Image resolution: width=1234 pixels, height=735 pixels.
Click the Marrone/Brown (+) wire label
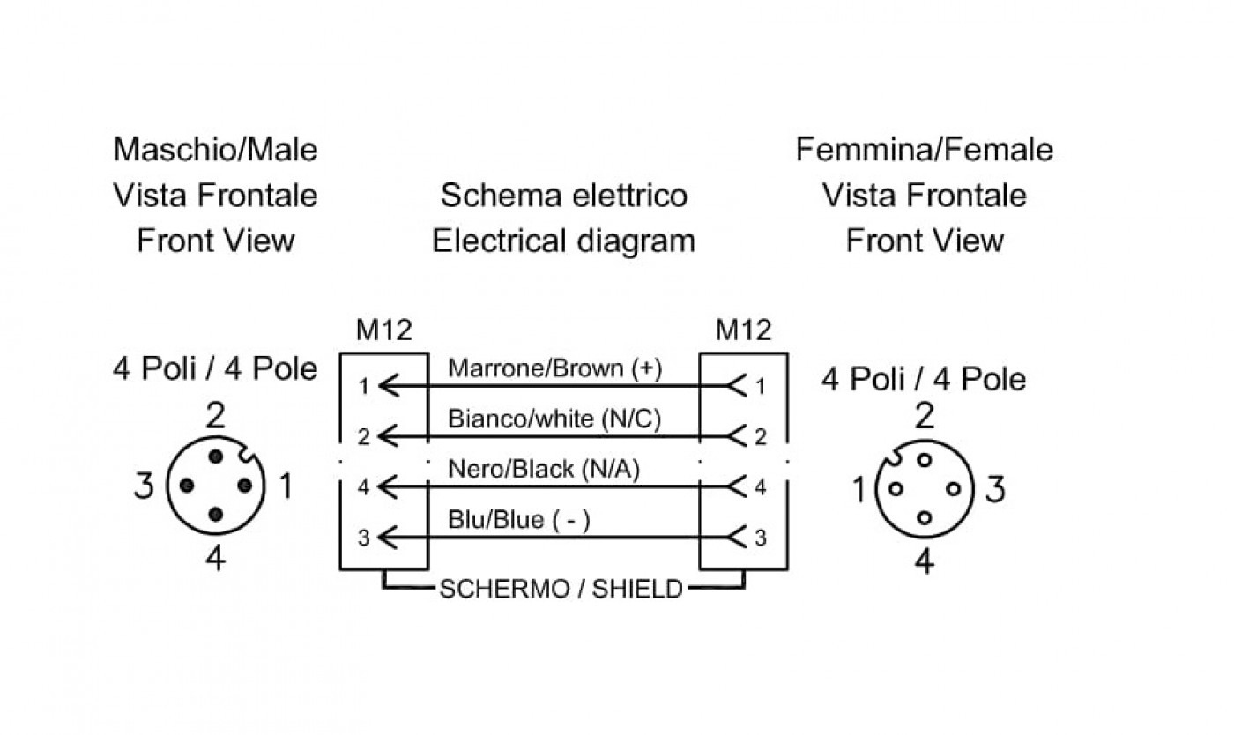[554, 368]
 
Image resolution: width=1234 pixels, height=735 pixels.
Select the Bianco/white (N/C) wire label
[554, 419]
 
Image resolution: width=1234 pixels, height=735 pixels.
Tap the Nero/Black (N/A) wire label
[544, 470]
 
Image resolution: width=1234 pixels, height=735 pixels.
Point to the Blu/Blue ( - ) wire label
[519, 520]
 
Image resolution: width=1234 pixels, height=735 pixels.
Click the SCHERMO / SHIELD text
[561, 589]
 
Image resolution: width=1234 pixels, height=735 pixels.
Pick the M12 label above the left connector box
[384, 330]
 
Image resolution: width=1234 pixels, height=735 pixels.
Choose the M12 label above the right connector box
[743, 330]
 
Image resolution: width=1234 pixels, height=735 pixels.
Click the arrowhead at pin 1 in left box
[389, 386]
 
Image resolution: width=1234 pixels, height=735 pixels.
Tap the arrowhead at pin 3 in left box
[389, 538]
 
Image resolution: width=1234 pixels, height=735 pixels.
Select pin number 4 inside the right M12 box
[760, 487]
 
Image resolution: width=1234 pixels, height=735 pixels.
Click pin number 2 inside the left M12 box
[363, 437]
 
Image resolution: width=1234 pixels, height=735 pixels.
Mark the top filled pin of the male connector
[216, 457]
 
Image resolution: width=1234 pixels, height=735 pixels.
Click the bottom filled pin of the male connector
[216, 515]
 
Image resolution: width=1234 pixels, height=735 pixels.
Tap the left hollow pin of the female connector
[896, 489]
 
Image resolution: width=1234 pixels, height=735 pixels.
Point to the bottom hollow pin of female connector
[925, 518]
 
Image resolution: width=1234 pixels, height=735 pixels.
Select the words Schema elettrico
[563, 196]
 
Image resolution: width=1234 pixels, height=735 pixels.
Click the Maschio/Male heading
[215, 150]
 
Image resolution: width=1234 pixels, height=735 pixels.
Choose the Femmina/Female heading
[925, 150]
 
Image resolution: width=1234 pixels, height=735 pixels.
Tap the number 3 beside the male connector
[145, 486]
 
